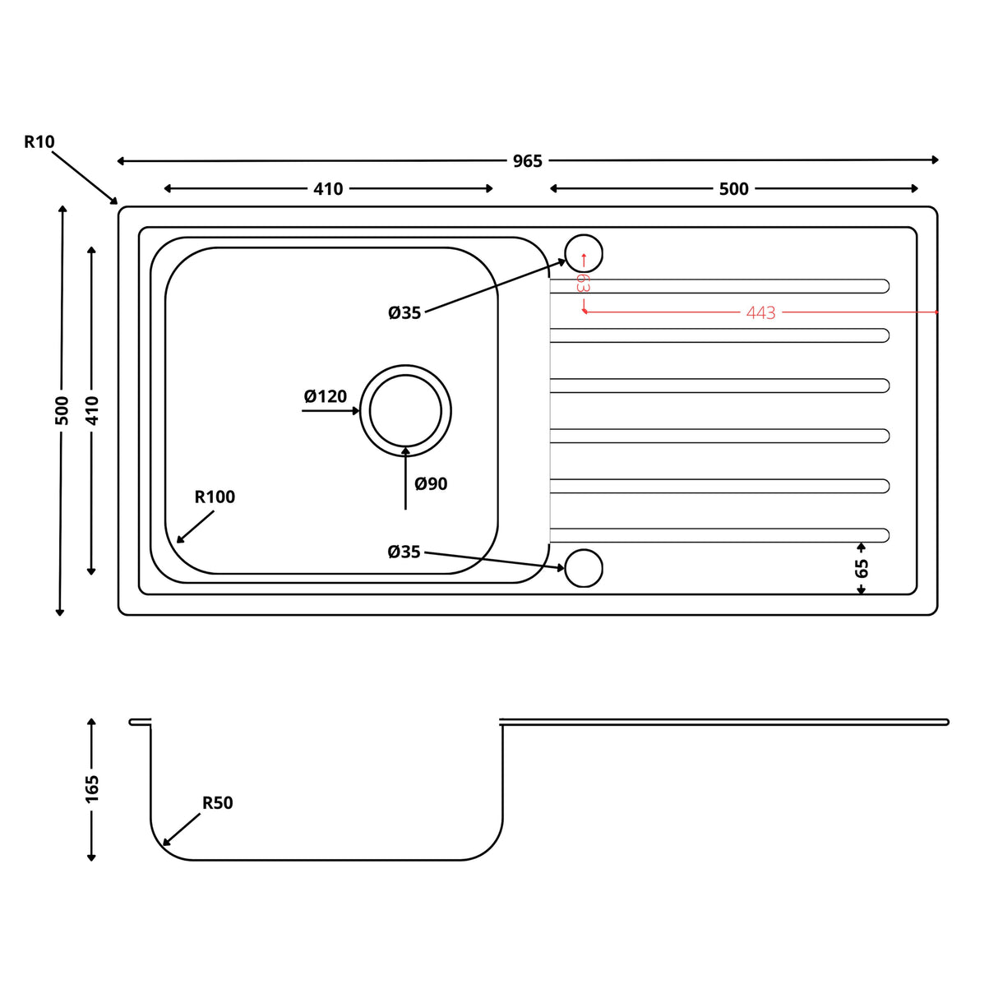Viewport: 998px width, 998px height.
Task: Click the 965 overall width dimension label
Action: point(527,161)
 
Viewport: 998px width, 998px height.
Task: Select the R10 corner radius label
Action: point(39,142)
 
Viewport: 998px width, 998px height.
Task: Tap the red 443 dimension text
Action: point(760,313)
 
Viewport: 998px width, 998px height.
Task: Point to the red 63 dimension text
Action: point(582,283)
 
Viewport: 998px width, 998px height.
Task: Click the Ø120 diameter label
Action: point(326,397)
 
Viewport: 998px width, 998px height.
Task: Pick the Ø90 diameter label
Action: point(431,484)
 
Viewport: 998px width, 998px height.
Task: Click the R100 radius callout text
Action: point(215,497)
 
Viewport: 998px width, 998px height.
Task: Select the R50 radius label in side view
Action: point(218,803)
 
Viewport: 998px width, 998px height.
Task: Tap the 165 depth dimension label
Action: point(92,789)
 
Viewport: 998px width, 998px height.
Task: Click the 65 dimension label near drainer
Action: point(862,568)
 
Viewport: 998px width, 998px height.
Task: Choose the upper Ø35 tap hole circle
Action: point(584,253)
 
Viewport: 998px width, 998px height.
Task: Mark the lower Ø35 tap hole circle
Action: point(584,568)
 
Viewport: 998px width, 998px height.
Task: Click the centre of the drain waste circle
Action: point(405,410)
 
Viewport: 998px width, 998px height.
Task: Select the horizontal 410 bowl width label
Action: point(328,189)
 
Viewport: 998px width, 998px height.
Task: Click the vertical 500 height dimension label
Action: point(62,410)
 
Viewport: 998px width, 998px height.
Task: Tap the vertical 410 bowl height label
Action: point(92,410)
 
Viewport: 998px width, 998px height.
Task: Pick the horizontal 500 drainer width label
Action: point(733,189)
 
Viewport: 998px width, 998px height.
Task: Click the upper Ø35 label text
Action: point(404,313)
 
